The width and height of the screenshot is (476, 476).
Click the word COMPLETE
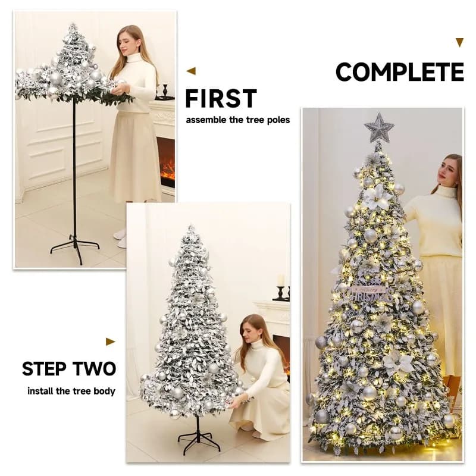[399, 72]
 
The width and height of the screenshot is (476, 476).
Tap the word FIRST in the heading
[221, 99]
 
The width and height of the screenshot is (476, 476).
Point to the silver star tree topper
[379, 128]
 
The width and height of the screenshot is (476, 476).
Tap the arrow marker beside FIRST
[191, 71]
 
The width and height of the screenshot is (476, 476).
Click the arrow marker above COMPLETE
[459, 42]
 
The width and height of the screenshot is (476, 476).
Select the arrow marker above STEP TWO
[110, 342]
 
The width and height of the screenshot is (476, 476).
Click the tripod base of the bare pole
[75, 245]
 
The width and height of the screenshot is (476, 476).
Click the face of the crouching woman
[251, 330]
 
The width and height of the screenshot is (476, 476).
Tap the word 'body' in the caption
[104, 392]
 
